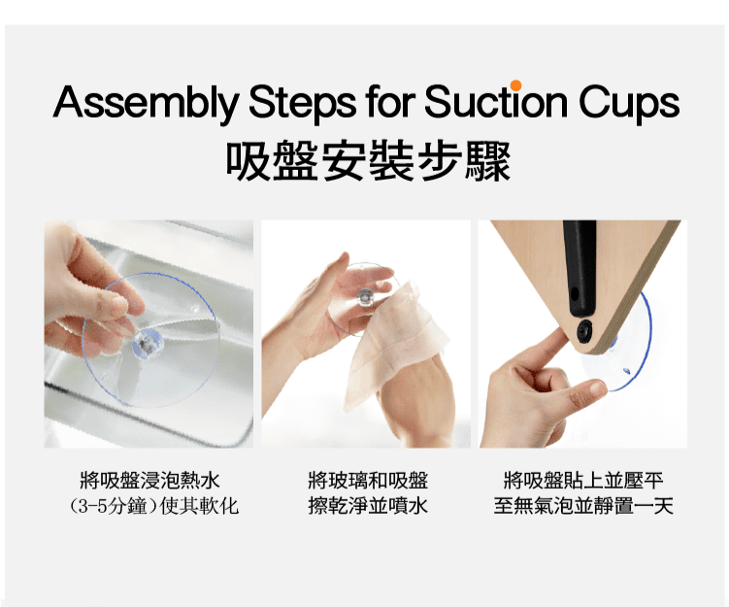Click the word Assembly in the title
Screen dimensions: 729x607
146,104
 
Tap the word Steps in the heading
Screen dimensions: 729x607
302,104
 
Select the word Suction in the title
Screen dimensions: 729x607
496,101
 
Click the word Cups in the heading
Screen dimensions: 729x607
630,104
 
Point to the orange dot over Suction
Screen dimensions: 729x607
515,85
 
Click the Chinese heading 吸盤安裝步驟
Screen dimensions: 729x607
368,161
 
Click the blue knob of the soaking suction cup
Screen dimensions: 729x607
145,343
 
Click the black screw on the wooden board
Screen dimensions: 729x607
584,331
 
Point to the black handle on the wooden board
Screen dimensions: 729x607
580,268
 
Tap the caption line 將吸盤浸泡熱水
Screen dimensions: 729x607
149,481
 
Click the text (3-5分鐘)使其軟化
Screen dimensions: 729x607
154,506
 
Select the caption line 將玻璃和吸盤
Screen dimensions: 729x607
368,481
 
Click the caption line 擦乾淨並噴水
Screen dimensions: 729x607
368,506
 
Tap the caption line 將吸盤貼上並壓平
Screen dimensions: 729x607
583,481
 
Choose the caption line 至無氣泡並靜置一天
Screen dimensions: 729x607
583,506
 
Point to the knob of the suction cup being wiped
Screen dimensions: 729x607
363,297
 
